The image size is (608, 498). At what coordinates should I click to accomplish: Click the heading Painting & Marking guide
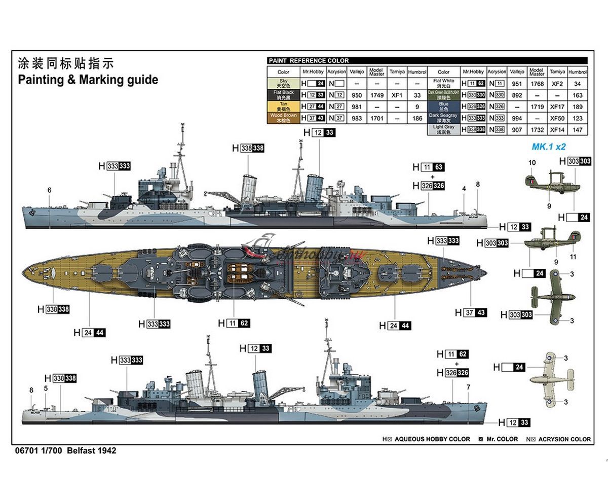88,80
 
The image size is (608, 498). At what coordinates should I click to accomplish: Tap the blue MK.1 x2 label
548,147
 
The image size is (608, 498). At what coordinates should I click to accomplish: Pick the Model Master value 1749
376,95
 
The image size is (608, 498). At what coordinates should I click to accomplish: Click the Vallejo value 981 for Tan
357,106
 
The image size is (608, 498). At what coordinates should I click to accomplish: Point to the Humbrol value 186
417,118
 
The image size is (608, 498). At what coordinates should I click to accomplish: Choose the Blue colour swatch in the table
443,106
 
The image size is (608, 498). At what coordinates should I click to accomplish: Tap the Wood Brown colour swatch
283,118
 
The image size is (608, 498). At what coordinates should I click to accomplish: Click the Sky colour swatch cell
283,83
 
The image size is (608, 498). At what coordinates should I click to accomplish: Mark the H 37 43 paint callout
470,313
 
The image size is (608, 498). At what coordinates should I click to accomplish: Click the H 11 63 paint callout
428,167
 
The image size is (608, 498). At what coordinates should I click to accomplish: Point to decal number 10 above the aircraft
531,163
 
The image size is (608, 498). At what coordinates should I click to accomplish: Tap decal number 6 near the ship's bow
49,190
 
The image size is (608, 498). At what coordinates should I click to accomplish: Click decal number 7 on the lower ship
468,387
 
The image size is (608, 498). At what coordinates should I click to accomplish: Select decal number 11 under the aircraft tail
573,257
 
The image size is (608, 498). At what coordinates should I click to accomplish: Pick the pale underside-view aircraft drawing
551,379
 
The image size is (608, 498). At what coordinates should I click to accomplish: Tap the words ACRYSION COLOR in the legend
564,439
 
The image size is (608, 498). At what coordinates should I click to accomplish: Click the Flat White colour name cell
443,83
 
